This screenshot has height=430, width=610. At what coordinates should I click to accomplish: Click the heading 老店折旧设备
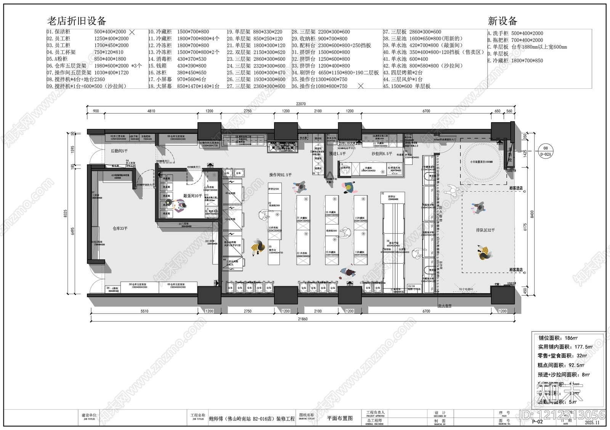tap(76, 21)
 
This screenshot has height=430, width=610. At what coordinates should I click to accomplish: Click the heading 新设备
tap(502, 21)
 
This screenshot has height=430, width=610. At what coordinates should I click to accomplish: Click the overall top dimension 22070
tap(301, 104)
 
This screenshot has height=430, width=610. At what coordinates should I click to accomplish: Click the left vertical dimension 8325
tap(66, 214)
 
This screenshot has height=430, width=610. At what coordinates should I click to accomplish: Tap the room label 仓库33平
tap(120, 228)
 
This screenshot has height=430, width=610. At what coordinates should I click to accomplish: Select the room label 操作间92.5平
tap(280, 175)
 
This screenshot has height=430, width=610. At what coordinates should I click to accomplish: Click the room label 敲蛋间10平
tap(193, 196)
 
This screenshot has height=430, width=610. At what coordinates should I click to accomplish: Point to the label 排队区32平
tap(485, 230)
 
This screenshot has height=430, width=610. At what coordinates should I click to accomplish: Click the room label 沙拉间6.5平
tap(382, 154)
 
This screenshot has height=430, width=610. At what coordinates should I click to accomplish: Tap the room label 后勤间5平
tap(119, 151)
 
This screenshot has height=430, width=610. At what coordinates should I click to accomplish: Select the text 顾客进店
tap(516, 188)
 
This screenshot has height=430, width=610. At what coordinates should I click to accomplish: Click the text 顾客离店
tap(516, 270)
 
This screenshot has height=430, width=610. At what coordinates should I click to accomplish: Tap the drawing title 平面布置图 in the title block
tap(340, 418)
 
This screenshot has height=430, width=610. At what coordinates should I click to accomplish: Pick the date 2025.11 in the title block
tap(592, 422)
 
